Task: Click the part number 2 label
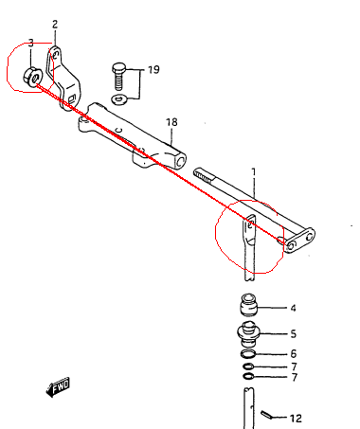pyautogui.click(x=55, y=25)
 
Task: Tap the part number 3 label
pyautogui.click(x=31, y=43)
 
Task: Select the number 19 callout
pyautogui.click(x=153, y=69)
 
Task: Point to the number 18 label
pyautogui.click(x=171, y=122)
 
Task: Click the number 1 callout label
pyautogui.click(x=254, y=172)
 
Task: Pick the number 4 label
pyautogui.click(x=293, y=308)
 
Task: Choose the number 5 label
pyautogui.click(x=293, y=334)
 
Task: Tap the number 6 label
pyautogui.click(x=294, y=353)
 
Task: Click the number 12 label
pyautogui.click(x=296, y=419)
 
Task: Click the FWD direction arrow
pyautogui.click(x=58, y=386)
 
